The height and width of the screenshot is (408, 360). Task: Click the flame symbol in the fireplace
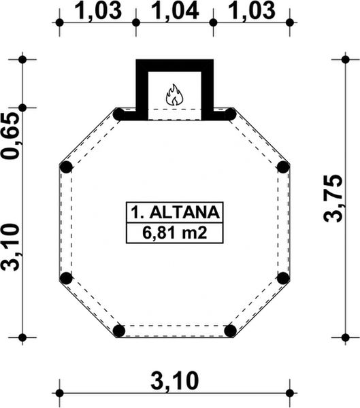coord(175,95)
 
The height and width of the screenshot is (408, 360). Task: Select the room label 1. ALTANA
coord(174,212)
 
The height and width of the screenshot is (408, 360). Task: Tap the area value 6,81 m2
coord(174,234)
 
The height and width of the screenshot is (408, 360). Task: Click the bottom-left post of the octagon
coord(119,331)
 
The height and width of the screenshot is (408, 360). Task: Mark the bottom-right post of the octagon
coord(230,331)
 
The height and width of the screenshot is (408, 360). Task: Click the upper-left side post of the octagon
coord(66,167)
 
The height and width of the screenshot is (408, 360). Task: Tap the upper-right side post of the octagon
coord(283,167)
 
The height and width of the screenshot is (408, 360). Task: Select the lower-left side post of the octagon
coord(66,277)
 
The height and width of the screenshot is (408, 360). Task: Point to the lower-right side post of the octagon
coord(283,277)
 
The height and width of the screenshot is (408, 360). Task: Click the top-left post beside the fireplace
coord(119,114)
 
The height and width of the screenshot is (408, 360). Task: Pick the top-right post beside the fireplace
coord(230,114)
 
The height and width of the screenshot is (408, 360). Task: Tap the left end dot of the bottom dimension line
coord(59,392)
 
